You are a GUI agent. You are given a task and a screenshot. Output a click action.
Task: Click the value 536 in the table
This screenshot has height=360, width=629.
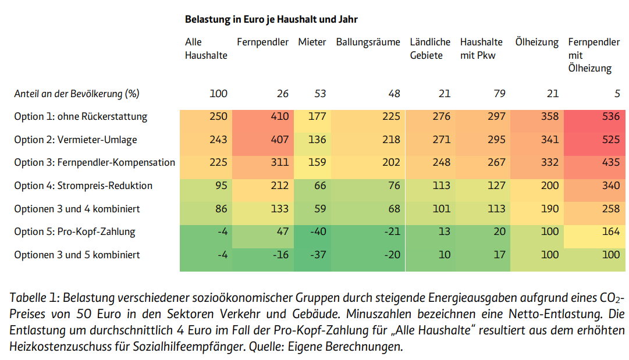611,116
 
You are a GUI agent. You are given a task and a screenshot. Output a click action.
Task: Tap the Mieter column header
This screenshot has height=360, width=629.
312,42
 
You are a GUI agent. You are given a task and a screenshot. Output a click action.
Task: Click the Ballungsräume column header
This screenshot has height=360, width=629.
368,42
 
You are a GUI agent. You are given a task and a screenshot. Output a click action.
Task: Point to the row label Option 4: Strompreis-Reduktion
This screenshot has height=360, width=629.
83,186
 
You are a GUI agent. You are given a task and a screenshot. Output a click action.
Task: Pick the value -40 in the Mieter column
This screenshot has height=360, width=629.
318,231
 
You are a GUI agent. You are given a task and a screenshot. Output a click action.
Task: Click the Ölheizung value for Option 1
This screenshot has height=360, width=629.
549,116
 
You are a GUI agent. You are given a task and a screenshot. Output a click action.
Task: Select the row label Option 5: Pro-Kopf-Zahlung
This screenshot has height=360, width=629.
74,231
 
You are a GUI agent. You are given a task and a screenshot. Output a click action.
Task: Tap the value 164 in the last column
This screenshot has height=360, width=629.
611,231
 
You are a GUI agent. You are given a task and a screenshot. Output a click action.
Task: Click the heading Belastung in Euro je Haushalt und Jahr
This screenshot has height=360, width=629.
271,19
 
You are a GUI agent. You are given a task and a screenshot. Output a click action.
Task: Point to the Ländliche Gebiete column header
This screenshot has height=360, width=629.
430,48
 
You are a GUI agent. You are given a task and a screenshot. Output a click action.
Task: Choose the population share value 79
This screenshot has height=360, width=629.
499,94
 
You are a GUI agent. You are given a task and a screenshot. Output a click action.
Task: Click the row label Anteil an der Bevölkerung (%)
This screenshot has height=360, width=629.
77,94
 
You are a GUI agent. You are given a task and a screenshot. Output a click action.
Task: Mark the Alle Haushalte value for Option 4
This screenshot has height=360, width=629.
221,186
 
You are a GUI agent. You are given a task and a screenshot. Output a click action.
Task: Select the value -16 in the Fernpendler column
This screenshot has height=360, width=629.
280,255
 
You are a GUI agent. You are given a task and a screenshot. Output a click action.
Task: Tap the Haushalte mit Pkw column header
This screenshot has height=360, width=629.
481,48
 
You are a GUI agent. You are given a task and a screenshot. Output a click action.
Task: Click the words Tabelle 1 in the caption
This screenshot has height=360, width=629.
35,298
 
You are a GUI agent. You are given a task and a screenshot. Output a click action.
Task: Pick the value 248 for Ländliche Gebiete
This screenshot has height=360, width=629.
441,162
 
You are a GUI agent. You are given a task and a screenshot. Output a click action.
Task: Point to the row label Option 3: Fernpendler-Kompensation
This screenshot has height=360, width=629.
95,162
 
